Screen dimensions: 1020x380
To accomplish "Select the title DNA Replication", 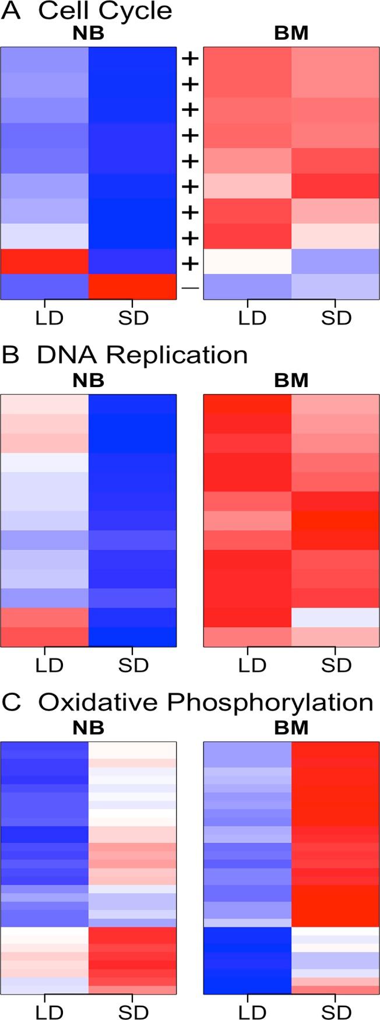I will click(x=142, y=355).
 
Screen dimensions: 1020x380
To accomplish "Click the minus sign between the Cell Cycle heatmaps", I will click(x=191, y=288).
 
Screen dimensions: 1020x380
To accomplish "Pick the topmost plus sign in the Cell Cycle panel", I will click(x=191, y=59).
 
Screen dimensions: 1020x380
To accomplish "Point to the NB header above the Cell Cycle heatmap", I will click(x=88, y=34).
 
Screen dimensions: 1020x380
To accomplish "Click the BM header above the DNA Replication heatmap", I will click(x=291, y=381).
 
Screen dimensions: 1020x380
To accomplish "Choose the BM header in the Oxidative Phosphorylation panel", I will click(x=291, y=728).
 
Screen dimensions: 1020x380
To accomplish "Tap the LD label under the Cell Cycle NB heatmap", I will click(x=49, y=318).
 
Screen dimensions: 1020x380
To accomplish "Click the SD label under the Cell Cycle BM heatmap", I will click(x=336, y=318).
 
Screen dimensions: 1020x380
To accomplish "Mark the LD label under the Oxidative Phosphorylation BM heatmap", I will click(x=252, y=1012).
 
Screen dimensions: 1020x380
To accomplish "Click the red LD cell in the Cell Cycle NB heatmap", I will click(x=45, y=262).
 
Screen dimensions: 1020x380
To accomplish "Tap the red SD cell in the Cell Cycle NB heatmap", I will click(x=132, y=287).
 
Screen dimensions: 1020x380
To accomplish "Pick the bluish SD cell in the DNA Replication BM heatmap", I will click(x=335, y=618).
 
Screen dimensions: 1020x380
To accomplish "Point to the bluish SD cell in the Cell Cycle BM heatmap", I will click(x=335, y=262).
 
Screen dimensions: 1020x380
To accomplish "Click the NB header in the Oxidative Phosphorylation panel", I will click(x=88, y=728).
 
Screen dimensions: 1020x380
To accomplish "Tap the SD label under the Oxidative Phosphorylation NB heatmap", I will click(x=133, y=1012).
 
